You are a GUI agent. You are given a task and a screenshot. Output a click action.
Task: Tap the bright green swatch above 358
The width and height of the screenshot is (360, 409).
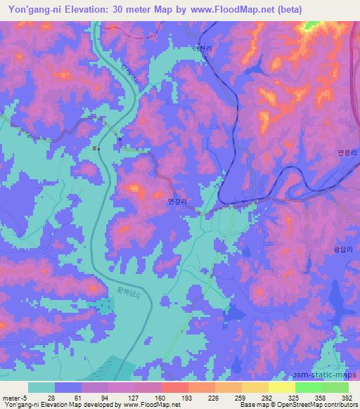(308, 387)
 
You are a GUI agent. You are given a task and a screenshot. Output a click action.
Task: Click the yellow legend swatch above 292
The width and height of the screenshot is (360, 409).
(255, 387)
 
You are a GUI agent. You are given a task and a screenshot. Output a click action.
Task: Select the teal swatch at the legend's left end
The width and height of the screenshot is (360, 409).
(41, 387)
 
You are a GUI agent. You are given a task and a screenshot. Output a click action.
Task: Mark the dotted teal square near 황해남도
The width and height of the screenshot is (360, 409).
(105, 305)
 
